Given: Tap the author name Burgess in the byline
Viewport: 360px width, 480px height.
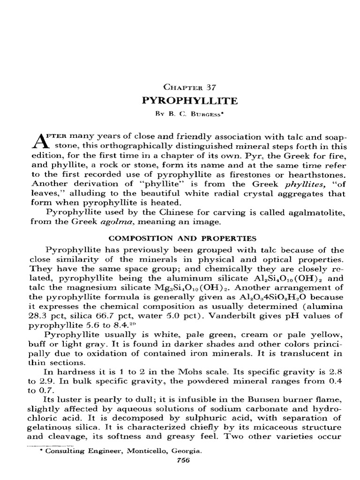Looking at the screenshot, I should tap(196, 113).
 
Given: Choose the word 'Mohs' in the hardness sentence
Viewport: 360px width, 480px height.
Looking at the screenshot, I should tap(180, 370).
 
